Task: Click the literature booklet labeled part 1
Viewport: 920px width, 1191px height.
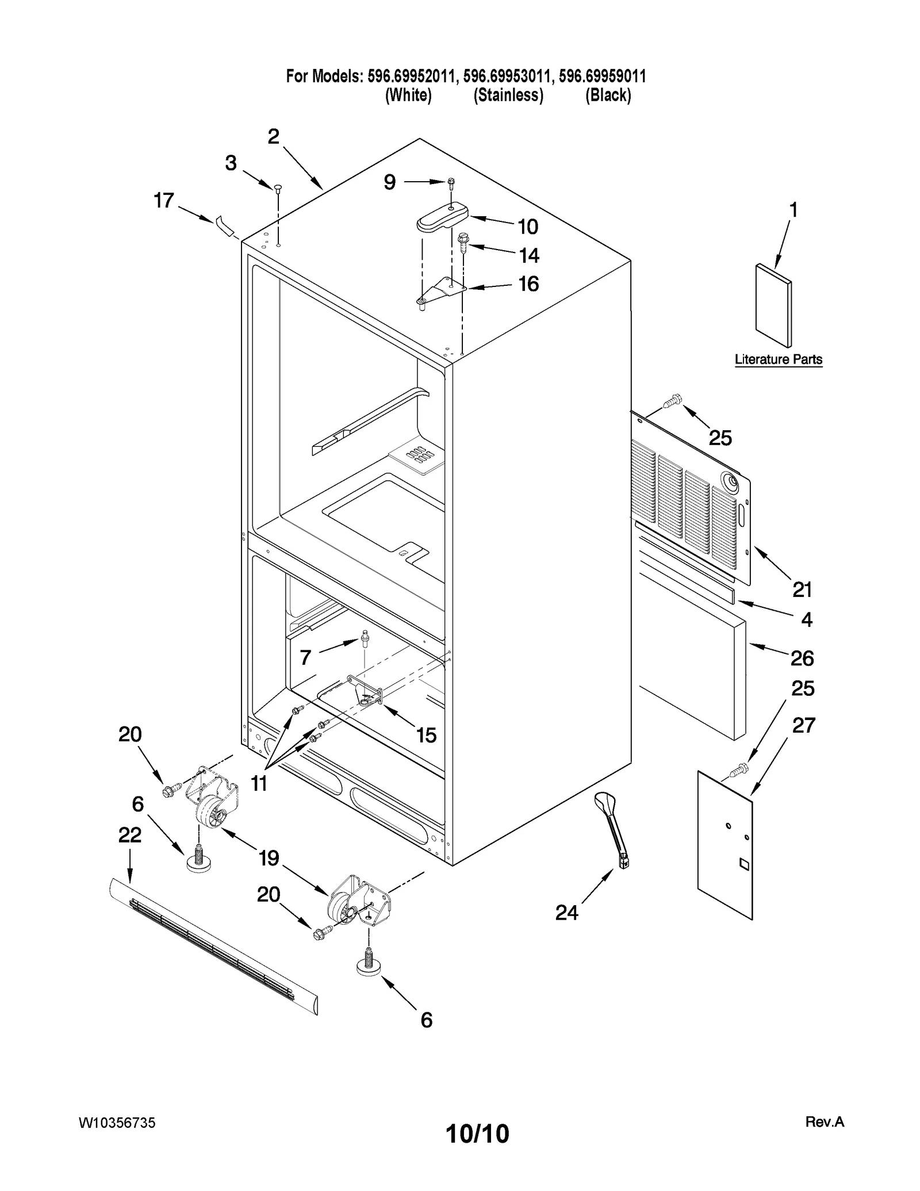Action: coord(773,305)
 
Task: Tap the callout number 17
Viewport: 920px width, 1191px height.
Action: coord(164,200)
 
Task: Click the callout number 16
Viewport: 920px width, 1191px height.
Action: coord(528,284)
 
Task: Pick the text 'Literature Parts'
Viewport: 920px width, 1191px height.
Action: coord(779,359)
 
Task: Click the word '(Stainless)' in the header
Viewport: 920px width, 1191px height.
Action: coord(508,95)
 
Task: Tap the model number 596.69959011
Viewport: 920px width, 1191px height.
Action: coord(602,76)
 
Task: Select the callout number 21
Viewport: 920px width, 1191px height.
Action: coord(802,589)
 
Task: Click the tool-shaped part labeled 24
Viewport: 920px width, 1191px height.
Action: coord(613,828)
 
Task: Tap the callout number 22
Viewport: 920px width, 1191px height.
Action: coord(130,835)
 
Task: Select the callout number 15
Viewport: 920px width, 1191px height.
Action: coord(426,735)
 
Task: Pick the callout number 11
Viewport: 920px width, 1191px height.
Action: coord(259,783)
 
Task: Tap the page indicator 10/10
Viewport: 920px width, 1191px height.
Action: coord(477,1133)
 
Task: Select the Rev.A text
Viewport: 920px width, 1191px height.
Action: coord(825,1121)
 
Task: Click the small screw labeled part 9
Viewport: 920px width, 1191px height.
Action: coord(451,183)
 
